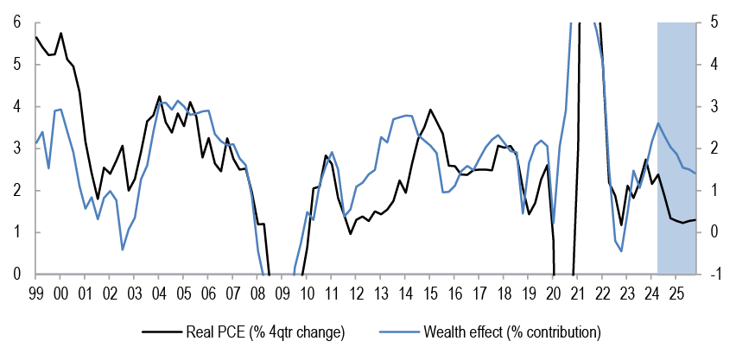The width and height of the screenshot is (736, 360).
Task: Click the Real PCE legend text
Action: (265, 332)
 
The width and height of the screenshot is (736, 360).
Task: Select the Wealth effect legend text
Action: (512, 332)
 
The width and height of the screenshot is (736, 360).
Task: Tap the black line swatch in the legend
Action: (162, 332)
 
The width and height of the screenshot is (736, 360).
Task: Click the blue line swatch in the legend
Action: (399, 332)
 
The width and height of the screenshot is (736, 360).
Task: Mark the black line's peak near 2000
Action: (61, 33)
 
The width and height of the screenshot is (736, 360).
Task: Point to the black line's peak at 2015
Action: (429, 110)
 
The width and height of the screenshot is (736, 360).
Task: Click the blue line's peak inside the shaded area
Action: (658, 123)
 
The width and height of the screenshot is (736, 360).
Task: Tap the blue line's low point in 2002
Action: (123, 249)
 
